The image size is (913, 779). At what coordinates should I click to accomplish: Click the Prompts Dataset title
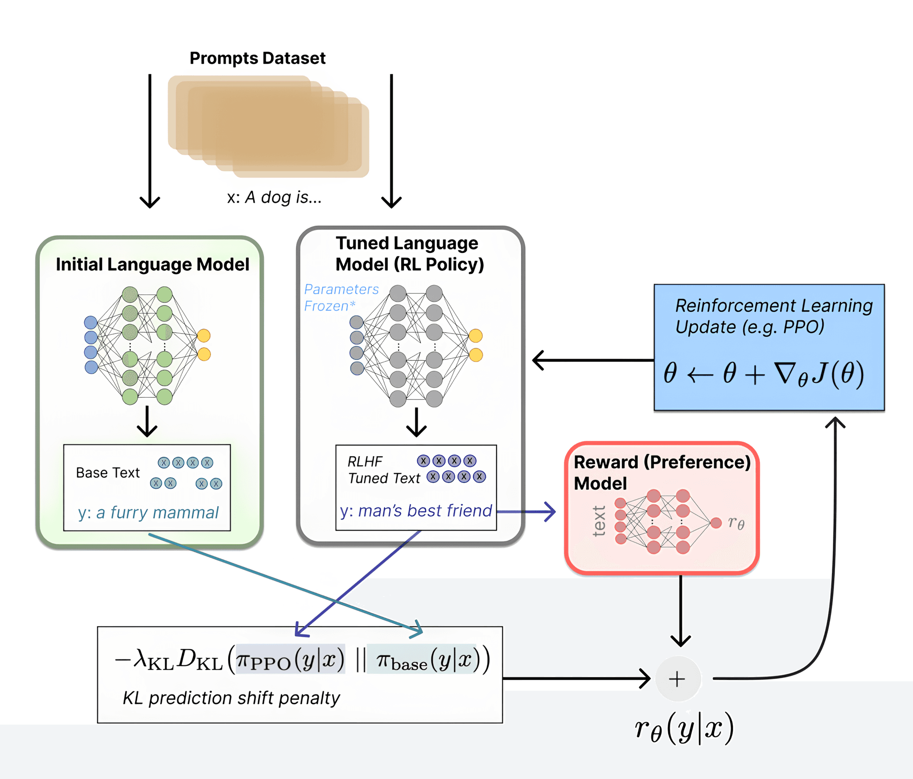(258, 58)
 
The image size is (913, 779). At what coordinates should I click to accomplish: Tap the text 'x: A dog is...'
(274, 197)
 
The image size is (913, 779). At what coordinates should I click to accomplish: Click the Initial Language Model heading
(152, 264)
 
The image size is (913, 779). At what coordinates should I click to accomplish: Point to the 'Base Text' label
(108, 473)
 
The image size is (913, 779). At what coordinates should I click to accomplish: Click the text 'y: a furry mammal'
(148, 513)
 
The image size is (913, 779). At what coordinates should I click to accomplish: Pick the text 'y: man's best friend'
(415, 511)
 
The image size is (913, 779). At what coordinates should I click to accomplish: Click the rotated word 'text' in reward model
(599, 521)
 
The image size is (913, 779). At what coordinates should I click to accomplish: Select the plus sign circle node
(677, 679)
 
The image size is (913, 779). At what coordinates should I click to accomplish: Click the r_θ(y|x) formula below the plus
(684, 728)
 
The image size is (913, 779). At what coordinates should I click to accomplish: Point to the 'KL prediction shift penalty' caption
(231, 698)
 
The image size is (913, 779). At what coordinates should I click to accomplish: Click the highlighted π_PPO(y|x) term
(290, 659)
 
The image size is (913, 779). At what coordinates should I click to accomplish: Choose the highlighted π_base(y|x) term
(422, 659)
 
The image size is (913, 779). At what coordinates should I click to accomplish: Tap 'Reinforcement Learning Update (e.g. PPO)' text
(773, 316)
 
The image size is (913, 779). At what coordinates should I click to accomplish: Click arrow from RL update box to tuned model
(593, 360)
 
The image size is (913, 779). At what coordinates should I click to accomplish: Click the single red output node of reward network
(716, 523)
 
